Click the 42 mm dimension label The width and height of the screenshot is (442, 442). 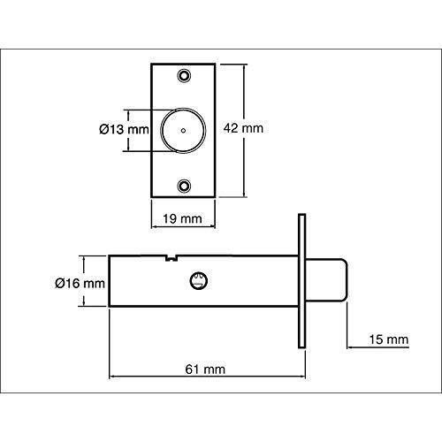coord(246,128)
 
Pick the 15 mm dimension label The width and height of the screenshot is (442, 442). coord(390,339)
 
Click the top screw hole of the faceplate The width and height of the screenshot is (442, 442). coord(186,76)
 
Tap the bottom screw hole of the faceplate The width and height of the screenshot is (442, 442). coord(186,186)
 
